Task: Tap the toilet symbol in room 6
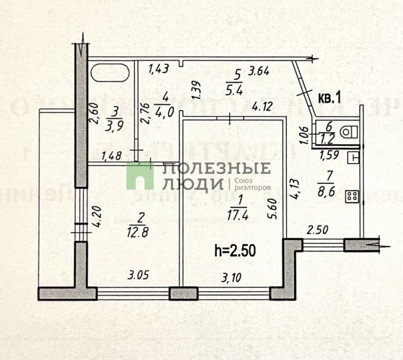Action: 347,132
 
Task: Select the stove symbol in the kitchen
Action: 352,196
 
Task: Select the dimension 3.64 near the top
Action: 258,70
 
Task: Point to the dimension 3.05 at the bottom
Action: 136,273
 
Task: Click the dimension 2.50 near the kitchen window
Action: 316,231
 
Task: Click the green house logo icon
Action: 141,175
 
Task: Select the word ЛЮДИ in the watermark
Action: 191,183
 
